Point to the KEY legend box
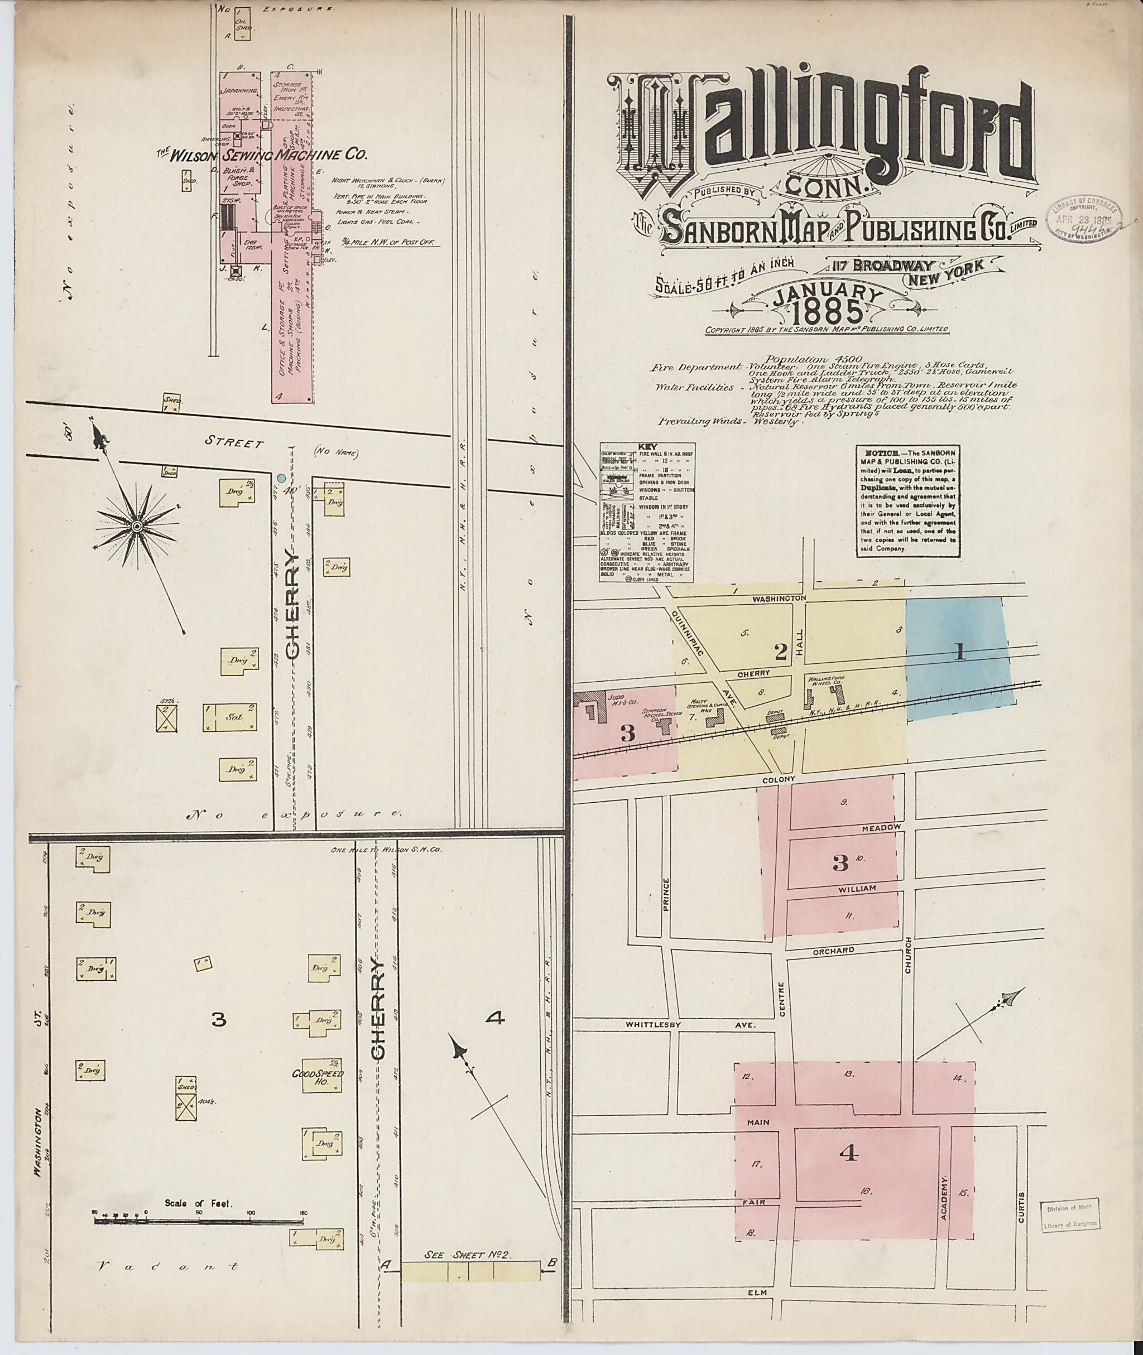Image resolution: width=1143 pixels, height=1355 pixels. [x=646, y=512]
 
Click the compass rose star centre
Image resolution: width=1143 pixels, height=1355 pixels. [x=137, y=527]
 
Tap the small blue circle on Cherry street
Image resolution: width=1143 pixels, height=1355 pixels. [x=281, y=478]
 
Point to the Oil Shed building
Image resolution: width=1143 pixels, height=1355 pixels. [x=244, y=25]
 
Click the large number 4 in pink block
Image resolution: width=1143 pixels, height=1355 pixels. [x=848, y=1153]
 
